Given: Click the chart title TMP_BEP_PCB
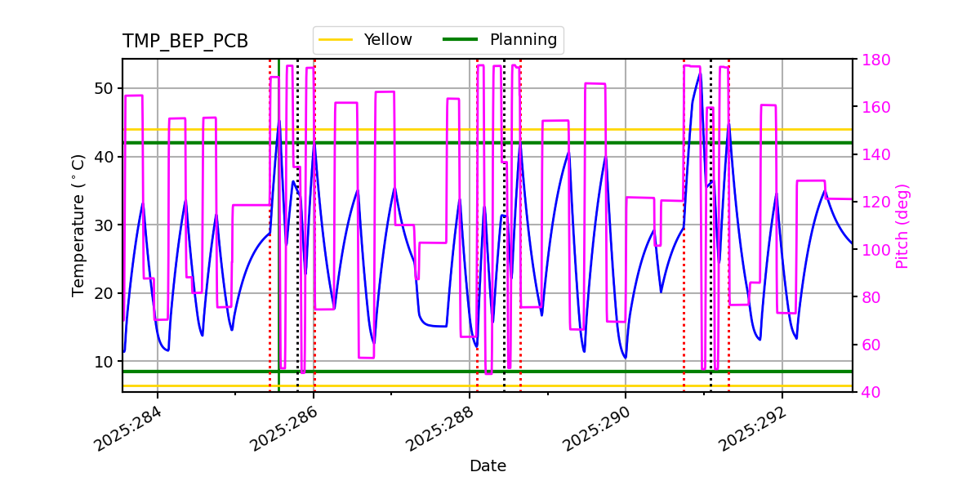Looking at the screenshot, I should coord(185,42).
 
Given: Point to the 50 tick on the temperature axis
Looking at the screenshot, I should coord(104,88).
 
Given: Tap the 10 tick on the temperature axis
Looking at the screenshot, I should coord(104,361).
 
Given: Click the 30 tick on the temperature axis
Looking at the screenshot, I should coord(104,225).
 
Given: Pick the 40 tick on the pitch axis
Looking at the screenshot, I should coord(871,392).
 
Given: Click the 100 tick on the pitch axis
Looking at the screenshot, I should coord(875,250).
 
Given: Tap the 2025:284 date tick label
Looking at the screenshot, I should coord(128,430).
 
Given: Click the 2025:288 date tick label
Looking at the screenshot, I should coord(440,430).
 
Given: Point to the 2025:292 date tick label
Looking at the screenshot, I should coord(752,430).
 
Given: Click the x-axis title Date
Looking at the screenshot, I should coord(488,466).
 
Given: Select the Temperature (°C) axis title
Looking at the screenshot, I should coord(78,225).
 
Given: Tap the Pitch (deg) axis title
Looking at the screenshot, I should coord(902,225).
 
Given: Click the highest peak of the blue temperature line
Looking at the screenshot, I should coord(700,73).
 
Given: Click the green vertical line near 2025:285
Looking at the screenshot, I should coord(278,245).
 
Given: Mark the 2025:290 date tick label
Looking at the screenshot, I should coord(596,430).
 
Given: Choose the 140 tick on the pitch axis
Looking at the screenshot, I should coord(875,155).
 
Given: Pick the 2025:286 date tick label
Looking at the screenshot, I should coord(284,430).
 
